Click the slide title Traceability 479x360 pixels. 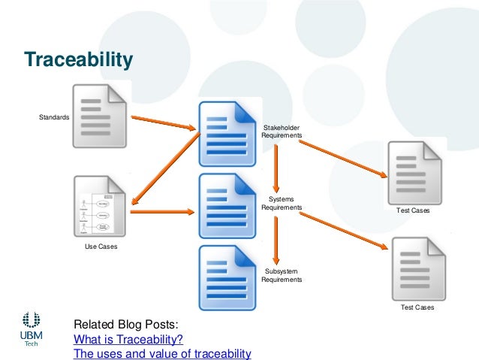pos(78,59)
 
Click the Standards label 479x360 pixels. pos(54,117)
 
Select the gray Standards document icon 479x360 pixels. pos(100,116)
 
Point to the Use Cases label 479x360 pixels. pos(100,246)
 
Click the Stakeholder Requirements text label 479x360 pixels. pos(282,132)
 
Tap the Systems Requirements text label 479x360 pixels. pos(282,203)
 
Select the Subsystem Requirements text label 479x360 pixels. pos(282,275)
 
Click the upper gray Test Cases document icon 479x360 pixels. pos(414,173)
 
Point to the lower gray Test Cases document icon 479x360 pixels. pos(417,268)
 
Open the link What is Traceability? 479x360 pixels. pos(128,339)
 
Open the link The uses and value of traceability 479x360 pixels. pos(161,353)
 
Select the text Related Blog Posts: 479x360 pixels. pos(125,325)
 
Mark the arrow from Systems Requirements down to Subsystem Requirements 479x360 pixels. pos(276,239)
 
